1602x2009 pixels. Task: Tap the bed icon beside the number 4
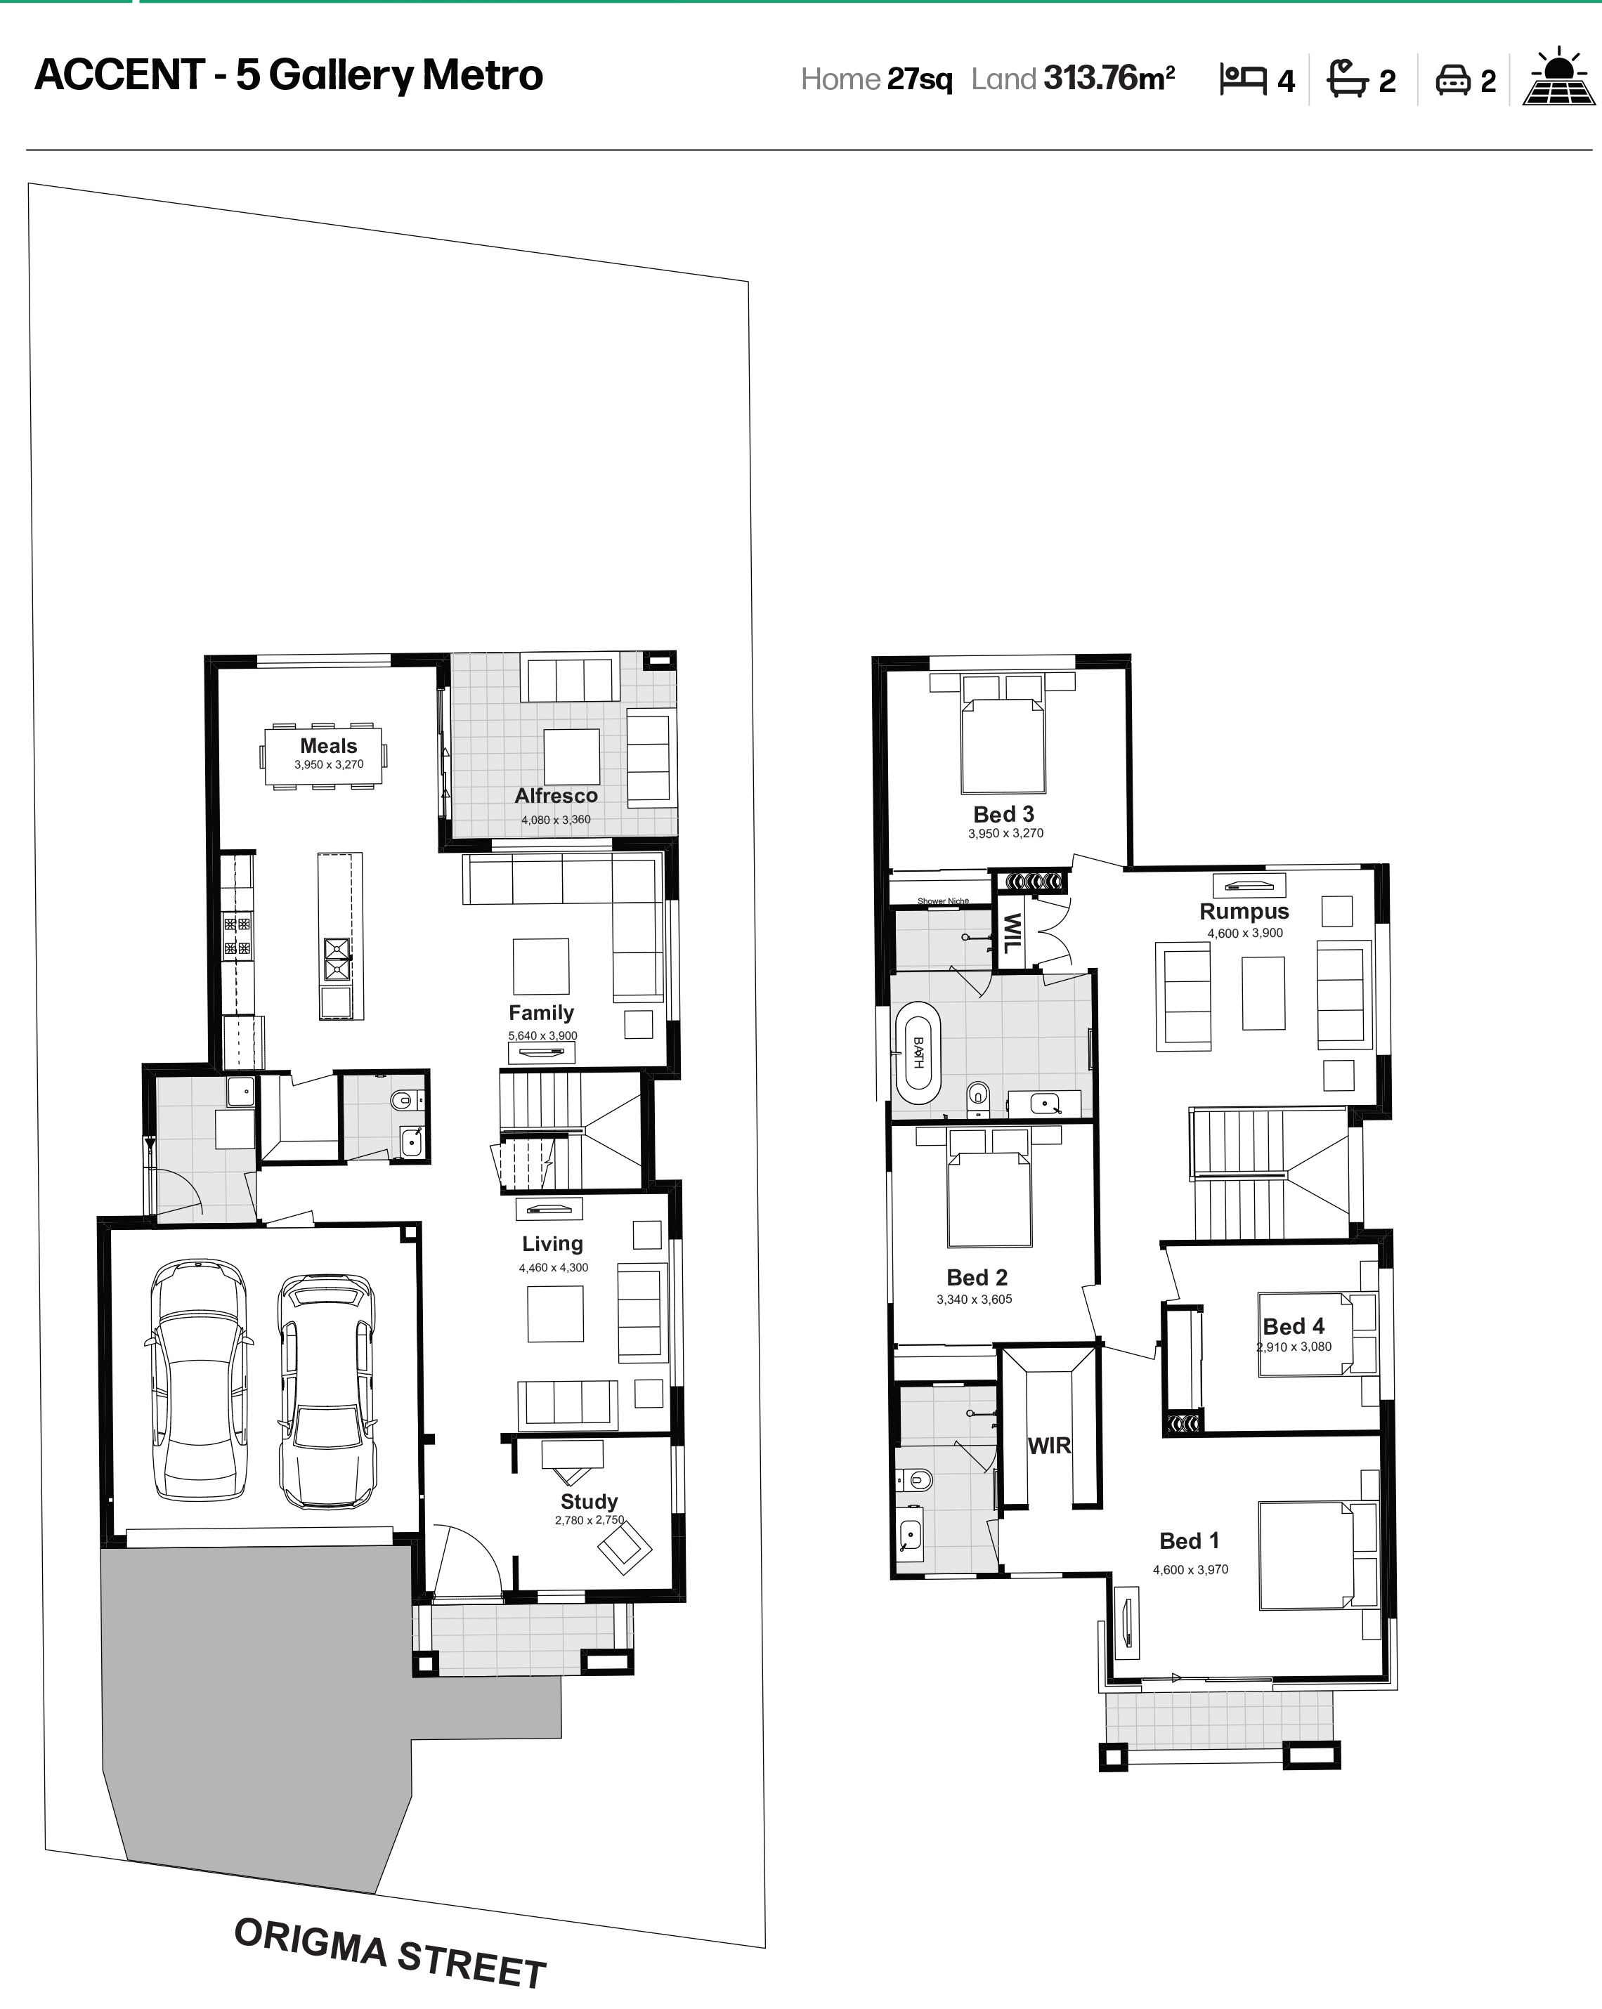(1243, 79)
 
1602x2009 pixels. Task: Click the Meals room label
(328, 745)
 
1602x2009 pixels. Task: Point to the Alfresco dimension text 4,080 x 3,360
(556, 820)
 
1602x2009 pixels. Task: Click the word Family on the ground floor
(540, 1012)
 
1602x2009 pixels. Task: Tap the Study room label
(589, 1501)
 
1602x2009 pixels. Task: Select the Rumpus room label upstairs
(1244, 911)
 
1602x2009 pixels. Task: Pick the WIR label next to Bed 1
(1049, 1445)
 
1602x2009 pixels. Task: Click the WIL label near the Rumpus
(1011, 932)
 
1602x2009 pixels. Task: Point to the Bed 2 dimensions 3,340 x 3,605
(974, 1299)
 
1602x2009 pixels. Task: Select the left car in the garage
(200, 1380)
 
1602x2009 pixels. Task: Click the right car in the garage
(328, 1390)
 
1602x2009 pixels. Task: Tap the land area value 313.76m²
(1109, 78)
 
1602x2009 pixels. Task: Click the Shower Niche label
(943, 901)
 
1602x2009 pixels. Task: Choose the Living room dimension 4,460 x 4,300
(554, 1267)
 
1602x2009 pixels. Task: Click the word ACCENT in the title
(119, 75)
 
